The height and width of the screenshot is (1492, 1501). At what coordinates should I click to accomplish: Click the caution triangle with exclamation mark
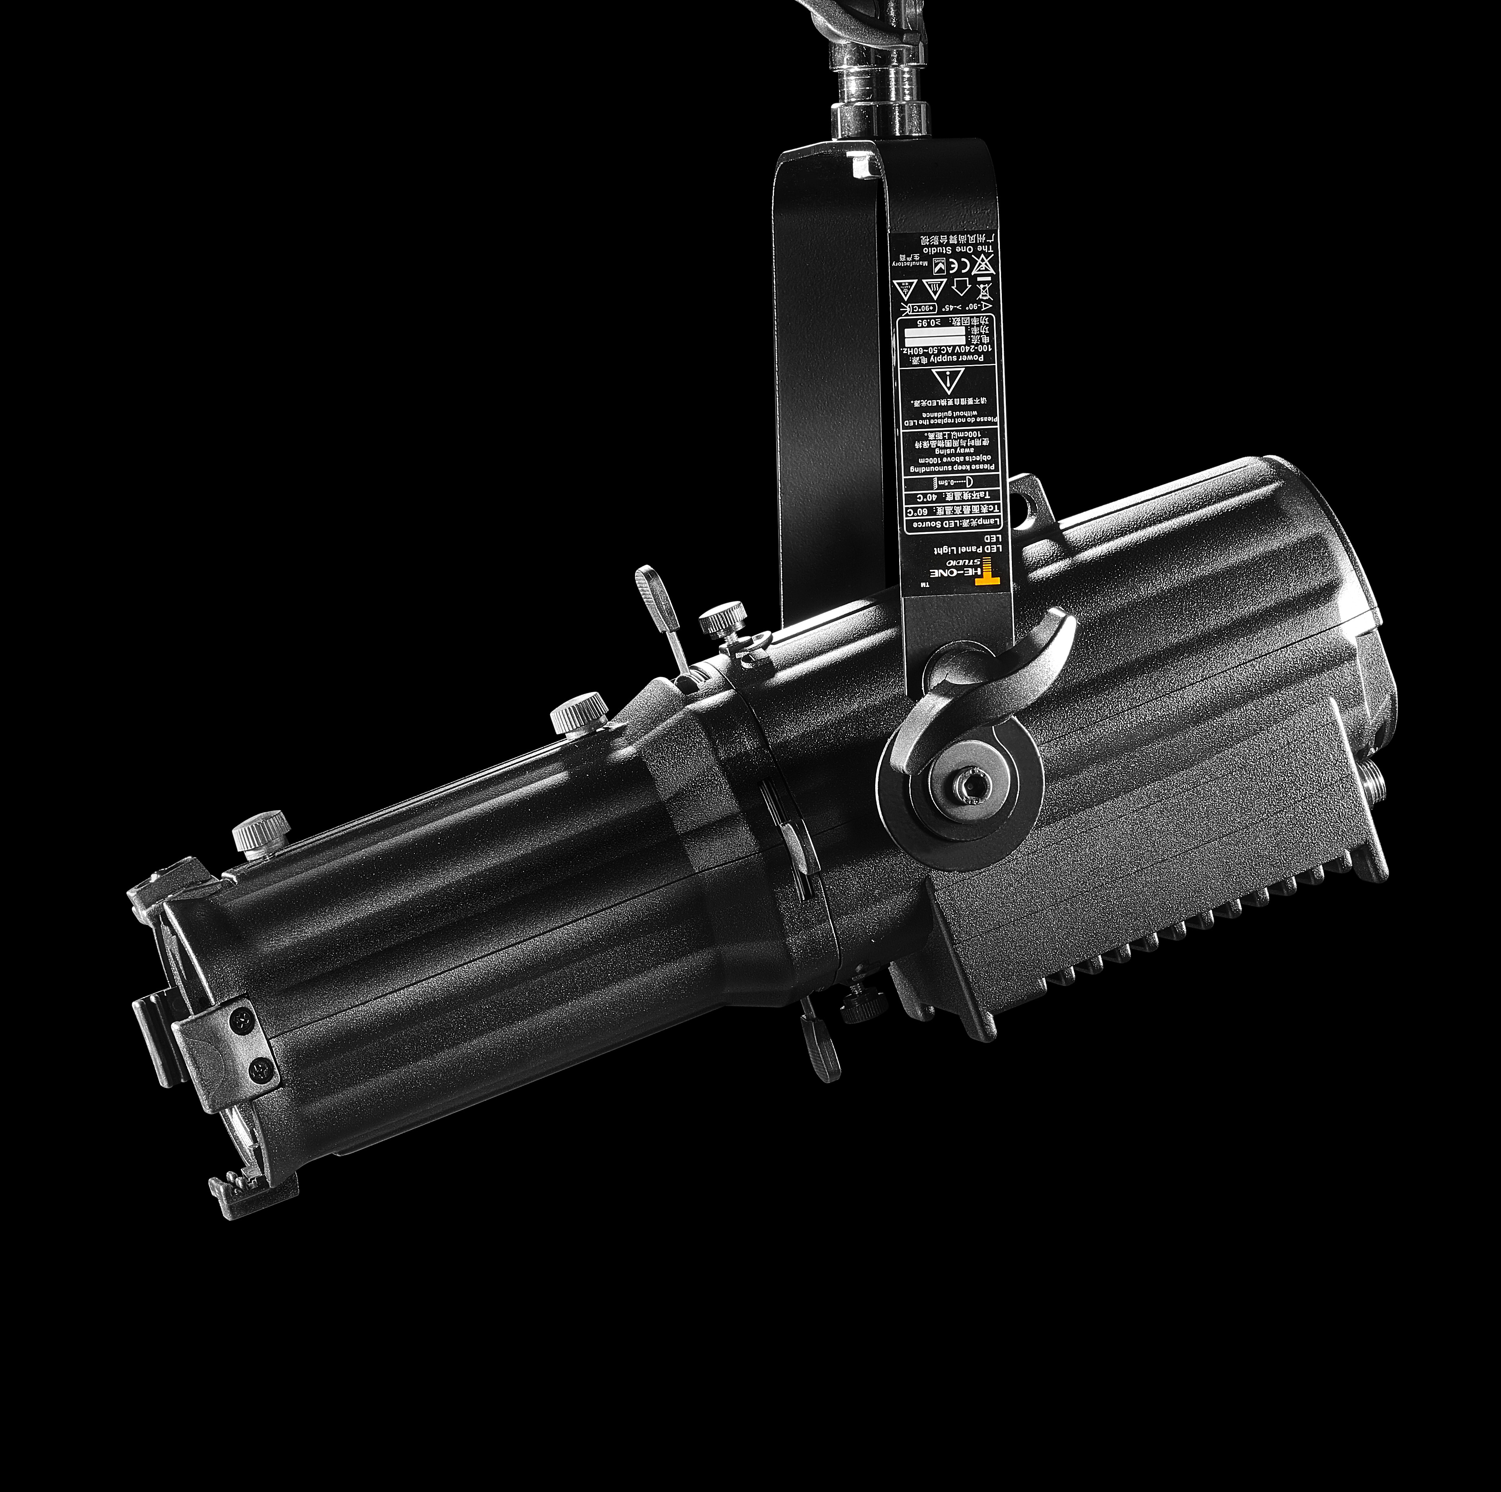pyautogui.click(x=946, y=383)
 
